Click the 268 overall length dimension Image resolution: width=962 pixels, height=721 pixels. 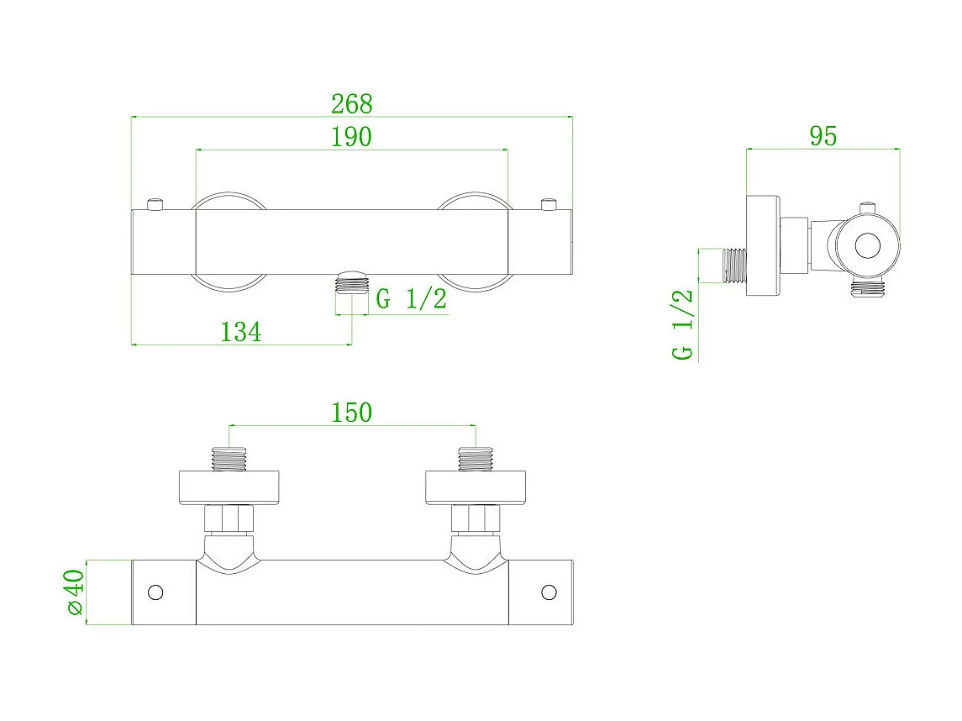point(351,104)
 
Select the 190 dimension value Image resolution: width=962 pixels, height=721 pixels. point(351,137)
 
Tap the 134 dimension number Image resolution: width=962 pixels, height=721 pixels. point(240,332)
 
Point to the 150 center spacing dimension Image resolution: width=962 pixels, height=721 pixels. point(351,413)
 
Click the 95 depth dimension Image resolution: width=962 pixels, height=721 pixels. point(823,136)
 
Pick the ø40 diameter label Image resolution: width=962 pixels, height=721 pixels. point(75,592)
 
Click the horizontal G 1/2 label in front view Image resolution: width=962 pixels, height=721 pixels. point(411,299)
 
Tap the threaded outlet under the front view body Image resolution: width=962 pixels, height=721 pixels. point(352,282)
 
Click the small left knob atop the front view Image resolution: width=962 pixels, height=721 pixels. point(155,203)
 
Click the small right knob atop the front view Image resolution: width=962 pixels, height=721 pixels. point(549,203)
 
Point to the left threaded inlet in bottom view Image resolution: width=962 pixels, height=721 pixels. point(229,459)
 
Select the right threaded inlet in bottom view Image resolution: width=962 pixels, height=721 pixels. point(476,459)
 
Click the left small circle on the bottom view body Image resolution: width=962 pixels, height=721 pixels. point(155,592)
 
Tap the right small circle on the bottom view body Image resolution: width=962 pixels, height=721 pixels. point(549,592)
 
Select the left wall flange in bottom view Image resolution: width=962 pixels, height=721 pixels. point(229,487)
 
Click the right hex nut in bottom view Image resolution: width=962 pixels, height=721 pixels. point(476,518)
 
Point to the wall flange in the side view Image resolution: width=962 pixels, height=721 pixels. point(763,245)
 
